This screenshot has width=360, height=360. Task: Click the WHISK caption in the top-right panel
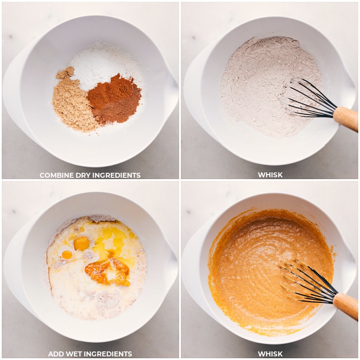point(270,175)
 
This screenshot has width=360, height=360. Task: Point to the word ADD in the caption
point(55,354)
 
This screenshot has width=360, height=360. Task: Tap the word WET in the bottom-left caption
point(74,354)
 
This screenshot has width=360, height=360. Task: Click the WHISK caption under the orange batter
point(270,354)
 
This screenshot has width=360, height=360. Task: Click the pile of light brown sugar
point(72,103)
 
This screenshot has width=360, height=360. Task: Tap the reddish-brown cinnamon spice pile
point(115,99)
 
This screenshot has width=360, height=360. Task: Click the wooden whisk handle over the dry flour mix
point(346,118)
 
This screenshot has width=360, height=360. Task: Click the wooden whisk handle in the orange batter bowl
point(346,305)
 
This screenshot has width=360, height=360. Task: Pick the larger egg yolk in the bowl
point(81,243)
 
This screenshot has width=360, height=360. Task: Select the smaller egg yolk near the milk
point(67,255)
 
